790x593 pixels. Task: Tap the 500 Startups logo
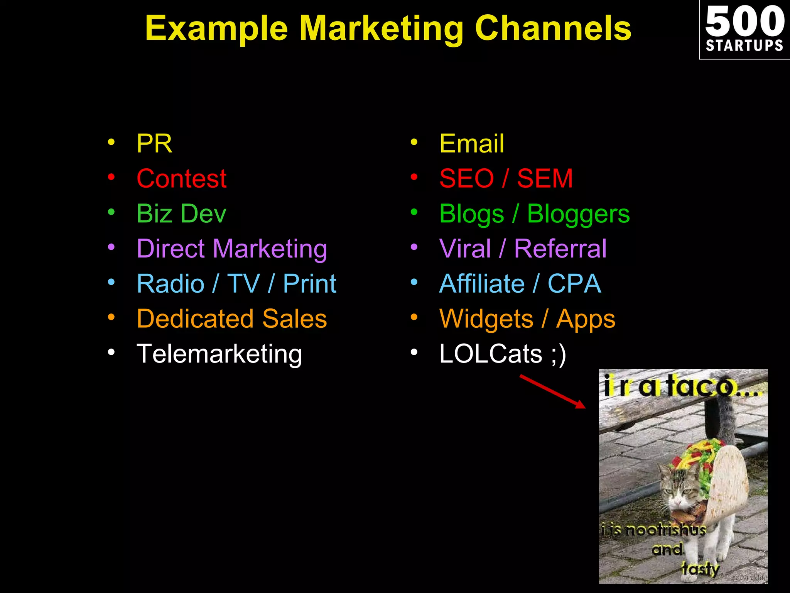tap(744, 29)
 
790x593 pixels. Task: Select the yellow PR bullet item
tap(154, 144)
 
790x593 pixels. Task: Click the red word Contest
tap(181, 179)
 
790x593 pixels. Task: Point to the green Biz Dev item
tap(181, 213)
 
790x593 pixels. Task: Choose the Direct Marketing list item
tap(232, 249)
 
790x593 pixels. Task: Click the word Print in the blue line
tap(309, 284)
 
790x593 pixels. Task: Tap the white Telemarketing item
tap(219, 354)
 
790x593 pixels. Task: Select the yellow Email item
tap(471, 144)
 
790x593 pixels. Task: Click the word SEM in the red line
tap(545, 179)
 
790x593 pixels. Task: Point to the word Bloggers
tap(578, 214)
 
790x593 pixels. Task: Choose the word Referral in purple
tap(560, 249)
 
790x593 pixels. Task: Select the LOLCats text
tap(491, 354)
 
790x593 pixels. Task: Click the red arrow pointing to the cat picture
tap(552, 391)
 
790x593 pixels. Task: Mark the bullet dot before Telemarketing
tap(111, 352)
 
